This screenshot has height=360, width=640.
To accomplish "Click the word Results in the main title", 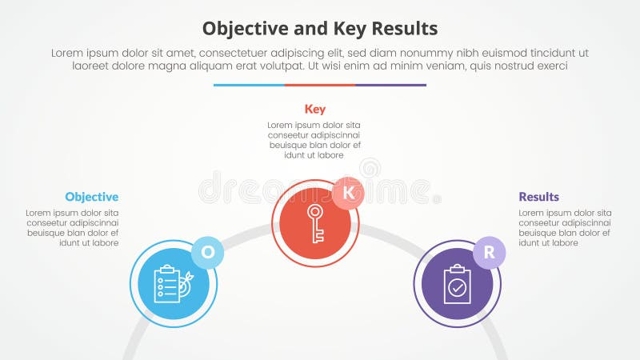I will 400,29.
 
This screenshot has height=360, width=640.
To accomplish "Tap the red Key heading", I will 315,109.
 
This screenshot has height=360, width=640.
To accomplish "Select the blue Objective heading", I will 92,197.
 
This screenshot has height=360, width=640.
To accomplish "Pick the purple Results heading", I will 539,197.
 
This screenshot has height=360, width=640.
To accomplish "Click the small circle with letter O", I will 208,252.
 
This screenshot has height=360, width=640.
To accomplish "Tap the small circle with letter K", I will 348,193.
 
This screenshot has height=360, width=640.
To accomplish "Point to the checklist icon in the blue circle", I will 170,284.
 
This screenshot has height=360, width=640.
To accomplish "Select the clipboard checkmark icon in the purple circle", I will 458,284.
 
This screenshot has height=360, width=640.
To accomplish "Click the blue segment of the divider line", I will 249,85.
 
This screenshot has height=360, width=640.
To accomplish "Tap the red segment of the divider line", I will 320,85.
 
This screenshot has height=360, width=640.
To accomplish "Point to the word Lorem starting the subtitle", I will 68,53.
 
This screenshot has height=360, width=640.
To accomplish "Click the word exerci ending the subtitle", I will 550,67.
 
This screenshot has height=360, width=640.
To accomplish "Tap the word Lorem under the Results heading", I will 532,214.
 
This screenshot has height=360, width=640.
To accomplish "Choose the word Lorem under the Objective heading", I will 38,214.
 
